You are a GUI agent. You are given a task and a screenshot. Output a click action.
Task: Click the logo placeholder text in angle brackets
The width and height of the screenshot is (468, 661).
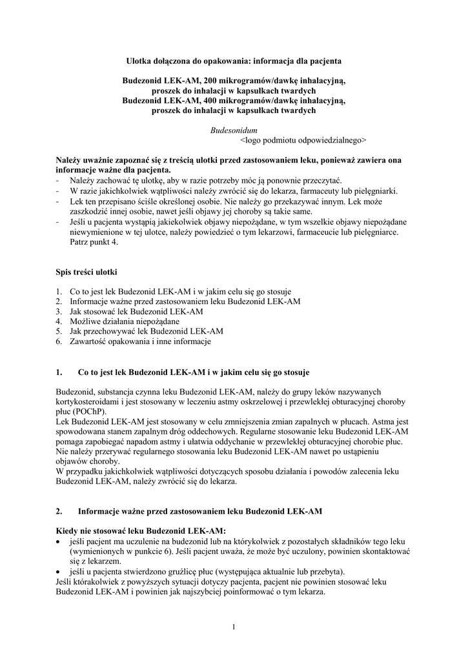click(303, 139)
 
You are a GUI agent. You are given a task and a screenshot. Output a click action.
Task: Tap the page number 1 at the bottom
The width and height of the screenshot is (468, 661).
click(234, 626)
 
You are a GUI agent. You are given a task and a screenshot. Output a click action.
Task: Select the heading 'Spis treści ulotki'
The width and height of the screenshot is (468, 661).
click(86, 272)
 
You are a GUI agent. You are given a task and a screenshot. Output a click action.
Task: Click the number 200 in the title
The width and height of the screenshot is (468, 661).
click(211, 81)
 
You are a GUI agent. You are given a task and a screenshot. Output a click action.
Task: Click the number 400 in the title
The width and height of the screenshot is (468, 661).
click(211, 101)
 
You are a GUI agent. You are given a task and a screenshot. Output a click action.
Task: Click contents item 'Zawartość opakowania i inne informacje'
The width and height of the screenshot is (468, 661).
click(140, 341)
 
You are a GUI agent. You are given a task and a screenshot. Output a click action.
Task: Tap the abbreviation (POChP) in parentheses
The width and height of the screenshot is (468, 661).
click(90, 411)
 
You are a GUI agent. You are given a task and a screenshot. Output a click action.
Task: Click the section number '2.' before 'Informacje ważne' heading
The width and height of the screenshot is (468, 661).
click(60, 511)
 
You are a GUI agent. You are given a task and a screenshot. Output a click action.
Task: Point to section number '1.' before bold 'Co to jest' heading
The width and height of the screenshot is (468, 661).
click(60, 372)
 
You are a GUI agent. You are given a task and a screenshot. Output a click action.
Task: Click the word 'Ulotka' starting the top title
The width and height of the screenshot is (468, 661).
click(137, 61)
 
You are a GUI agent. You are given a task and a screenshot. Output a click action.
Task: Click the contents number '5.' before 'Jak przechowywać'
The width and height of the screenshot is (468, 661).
click(59, 331)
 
